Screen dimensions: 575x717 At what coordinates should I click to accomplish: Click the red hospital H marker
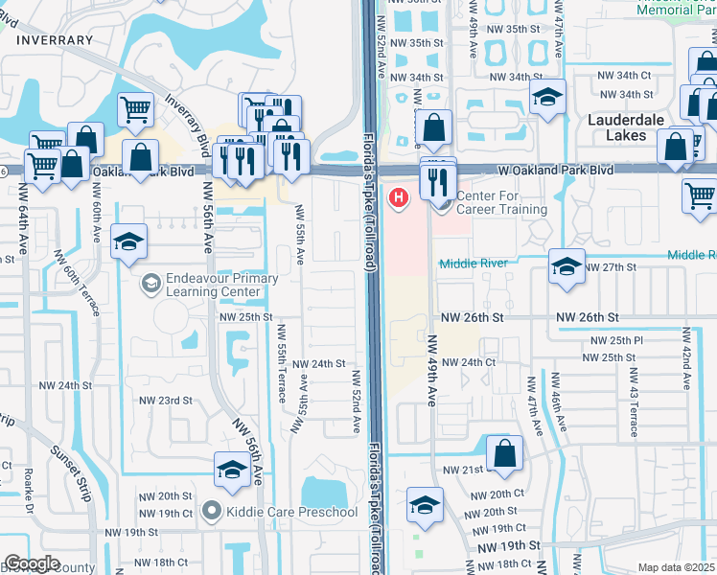tap(398, 198)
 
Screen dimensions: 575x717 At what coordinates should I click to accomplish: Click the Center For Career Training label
tap(501, 203)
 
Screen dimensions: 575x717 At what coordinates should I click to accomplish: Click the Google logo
tap(32, 563)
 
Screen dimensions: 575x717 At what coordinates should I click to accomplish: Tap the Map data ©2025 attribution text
tap(677, 567)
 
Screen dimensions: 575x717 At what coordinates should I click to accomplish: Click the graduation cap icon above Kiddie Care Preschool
tap(231, 469)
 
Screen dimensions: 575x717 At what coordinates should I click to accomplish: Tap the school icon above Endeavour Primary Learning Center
tap(127, 241)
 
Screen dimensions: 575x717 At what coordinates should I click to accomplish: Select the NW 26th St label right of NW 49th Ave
tap(586, 317)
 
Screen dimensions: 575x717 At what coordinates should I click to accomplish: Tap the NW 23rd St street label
tap(166, 401)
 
